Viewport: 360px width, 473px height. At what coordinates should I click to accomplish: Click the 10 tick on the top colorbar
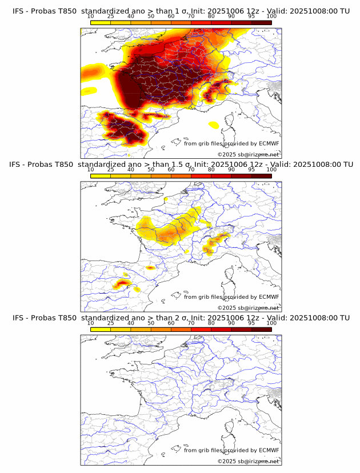click(x=90, y=17)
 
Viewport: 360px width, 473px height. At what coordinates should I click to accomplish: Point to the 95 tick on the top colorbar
click(x=251, y=17)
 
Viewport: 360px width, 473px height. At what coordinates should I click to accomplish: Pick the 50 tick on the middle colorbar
click(x=151, y=170)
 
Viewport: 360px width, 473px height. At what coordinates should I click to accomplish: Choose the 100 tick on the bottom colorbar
click(x=271, y=323)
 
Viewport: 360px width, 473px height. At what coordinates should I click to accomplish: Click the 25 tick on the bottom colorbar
click(x=110, y=323)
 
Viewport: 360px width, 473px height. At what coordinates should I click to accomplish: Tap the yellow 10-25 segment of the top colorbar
click(x=100, y=22)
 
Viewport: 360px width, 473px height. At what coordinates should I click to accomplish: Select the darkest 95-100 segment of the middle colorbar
click(x=261, y=175)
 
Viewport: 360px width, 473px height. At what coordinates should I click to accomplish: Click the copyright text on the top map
click(x=248, y=154)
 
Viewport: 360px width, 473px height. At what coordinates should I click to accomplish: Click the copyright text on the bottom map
click(x=248, y=461)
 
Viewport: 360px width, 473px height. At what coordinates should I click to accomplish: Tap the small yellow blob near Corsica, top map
click(x=214, y=124)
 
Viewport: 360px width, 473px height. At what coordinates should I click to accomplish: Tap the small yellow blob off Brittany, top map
click(x=89, y=90)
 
